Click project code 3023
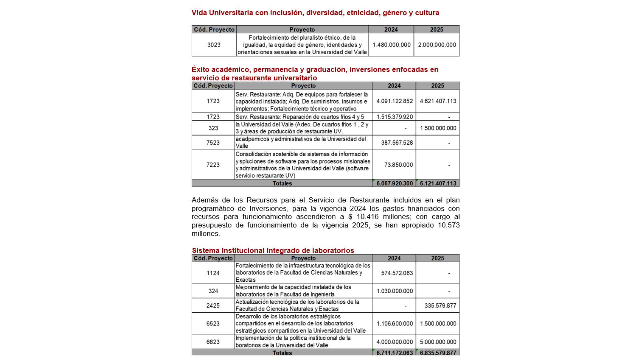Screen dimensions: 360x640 [x=214, y=45]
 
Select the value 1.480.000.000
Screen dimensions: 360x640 [x=391, y=45]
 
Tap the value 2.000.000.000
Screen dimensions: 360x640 [x=437, y=45]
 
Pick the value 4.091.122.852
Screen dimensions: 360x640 [x=394, y=101]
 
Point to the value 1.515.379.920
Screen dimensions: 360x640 [x=394, y=117]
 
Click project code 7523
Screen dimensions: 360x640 [x=213, y=143]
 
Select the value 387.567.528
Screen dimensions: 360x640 [x=397, y=143]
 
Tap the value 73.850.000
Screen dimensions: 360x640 [x=398, y=165]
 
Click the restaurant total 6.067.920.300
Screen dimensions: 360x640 [x=394, y=183]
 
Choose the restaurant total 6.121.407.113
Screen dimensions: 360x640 [x=438, y=183]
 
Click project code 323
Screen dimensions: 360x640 [x=213, y=128]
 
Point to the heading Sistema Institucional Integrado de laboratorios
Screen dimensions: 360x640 [x=273, y=250]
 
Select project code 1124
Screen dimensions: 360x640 [x=213, y=273]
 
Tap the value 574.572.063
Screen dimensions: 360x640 [x=397, y=273]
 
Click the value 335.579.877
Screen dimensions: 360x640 [x=440, y=305]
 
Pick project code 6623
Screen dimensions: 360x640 [x=213, y=342]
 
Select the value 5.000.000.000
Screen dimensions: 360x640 [x=438, y=342]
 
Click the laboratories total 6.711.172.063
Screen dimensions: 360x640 [x=394, y=353]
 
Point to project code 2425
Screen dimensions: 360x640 [x=213, y=305]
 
